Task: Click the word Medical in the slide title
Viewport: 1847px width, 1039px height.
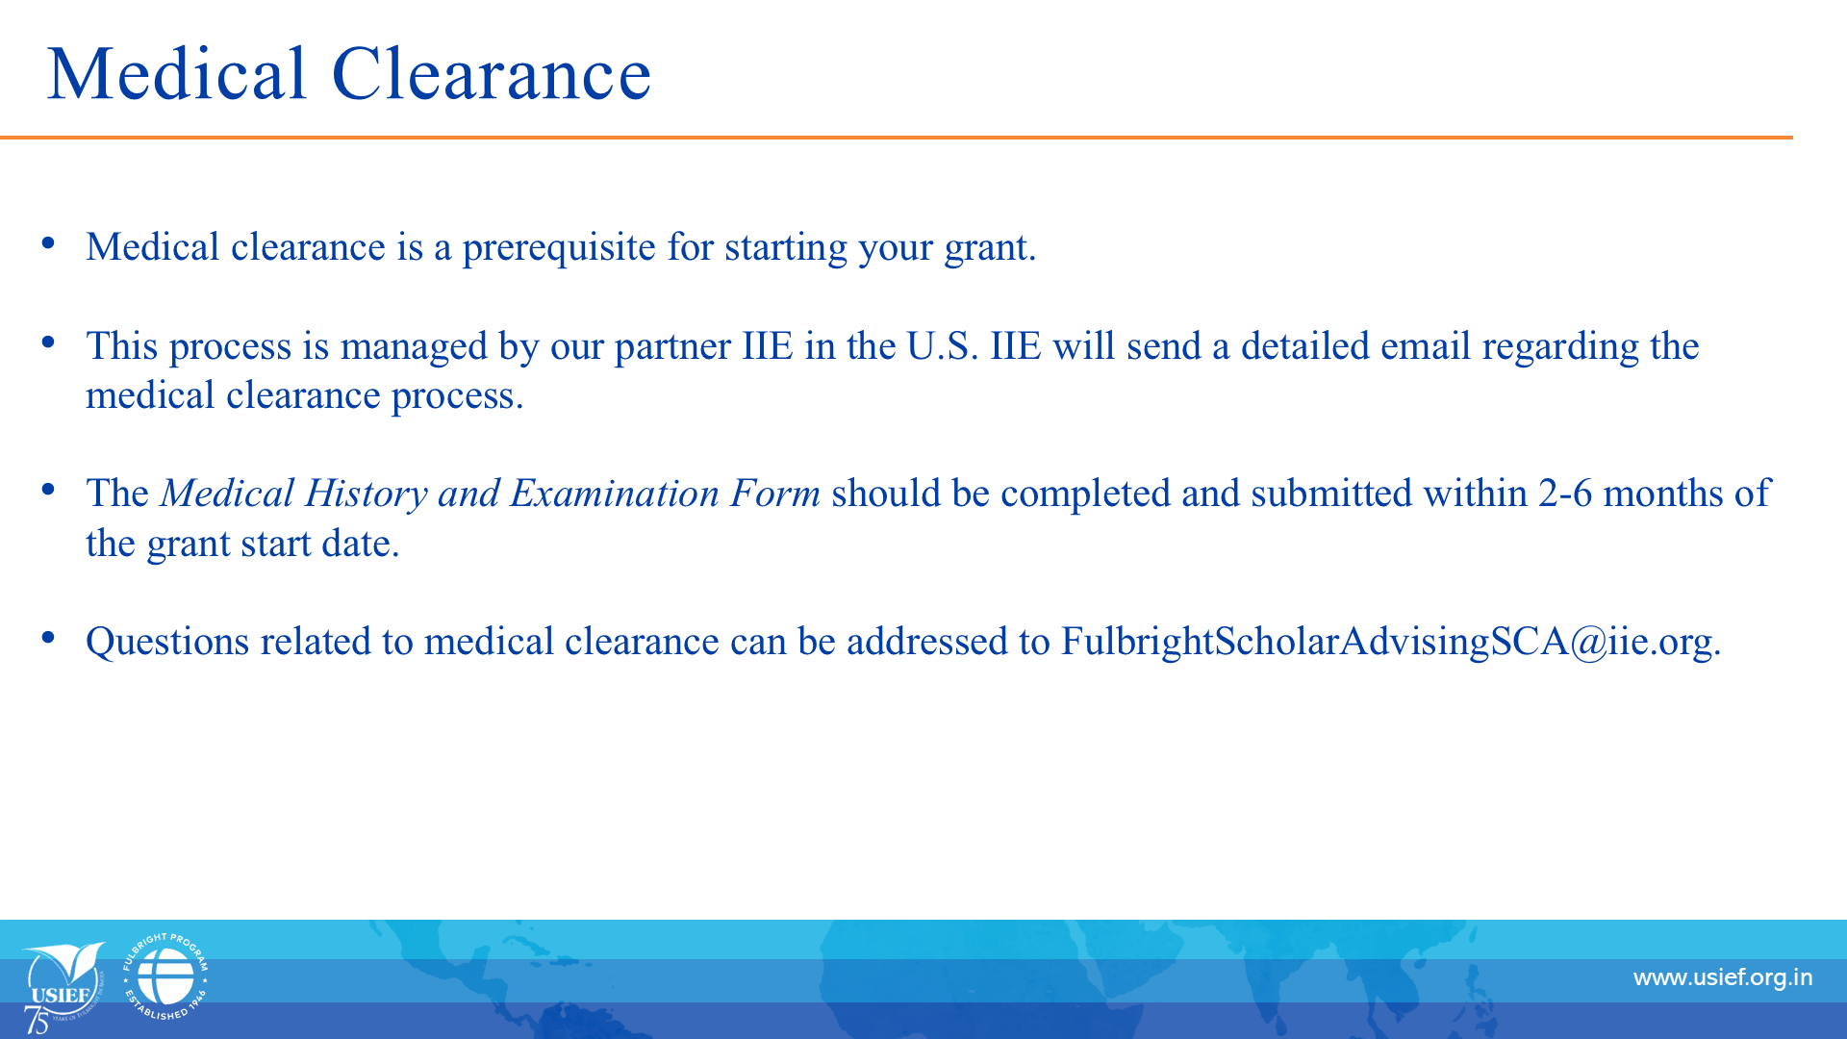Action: (177, 74)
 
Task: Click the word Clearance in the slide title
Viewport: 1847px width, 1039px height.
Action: (492, 74)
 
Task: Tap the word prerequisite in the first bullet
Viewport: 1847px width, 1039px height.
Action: (559, 248)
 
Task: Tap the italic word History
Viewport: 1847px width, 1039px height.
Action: (367, 494)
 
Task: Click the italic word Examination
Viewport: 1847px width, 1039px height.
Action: (614, 494)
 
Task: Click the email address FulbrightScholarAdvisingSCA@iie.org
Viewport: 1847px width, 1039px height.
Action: (1391, 643)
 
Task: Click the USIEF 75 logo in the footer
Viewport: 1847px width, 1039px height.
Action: (63, 986)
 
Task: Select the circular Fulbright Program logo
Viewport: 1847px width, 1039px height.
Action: (165, 976)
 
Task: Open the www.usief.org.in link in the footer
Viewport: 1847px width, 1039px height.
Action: (1723, 978)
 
